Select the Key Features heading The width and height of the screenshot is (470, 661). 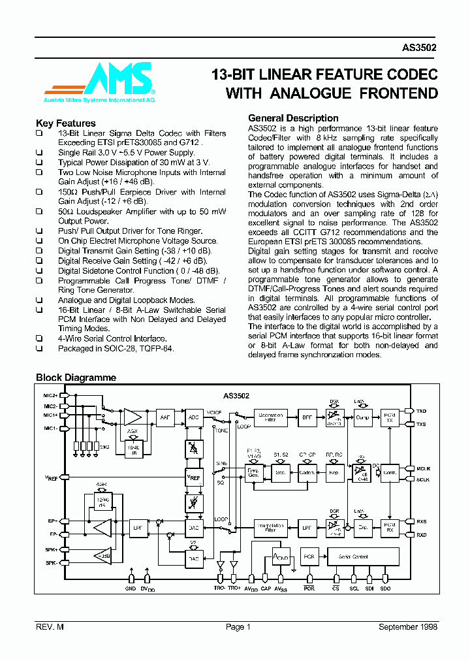(66, 123)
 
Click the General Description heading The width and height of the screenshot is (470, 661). (293, 118)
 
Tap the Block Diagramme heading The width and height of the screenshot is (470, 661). (76, 378)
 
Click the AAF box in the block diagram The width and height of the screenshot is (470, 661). (164, 417)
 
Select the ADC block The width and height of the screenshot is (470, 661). (194, 417)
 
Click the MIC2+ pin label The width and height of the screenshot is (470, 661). (51, 396)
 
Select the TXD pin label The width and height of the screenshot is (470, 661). (421, 411)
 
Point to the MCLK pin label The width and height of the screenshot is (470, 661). (423, 468)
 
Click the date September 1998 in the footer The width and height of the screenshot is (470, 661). (408, 627)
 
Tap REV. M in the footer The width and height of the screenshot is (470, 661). (50, 627)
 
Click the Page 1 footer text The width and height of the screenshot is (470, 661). (238, 627)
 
